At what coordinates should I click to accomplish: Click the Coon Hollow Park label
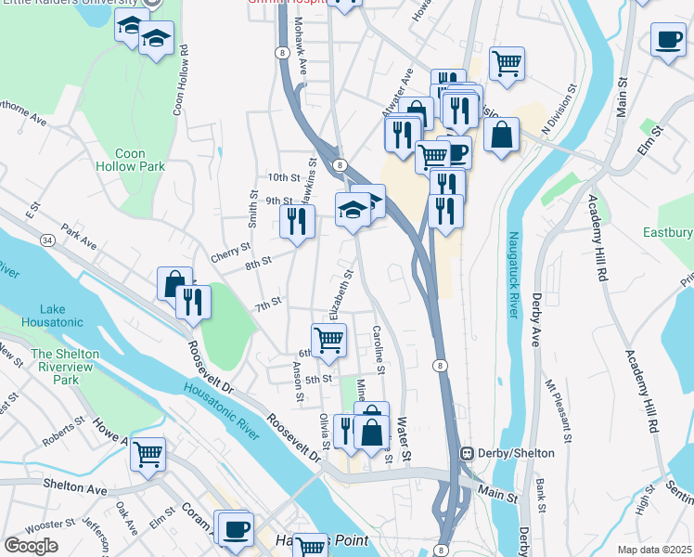coord(130,160)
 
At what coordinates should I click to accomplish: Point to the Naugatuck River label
coord(512,275)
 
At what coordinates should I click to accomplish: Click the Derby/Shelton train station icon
coord(469,453)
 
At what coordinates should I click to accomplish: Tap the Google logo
coord(31,546)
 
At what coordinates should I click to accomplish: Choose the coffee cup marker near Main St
coord(668,40)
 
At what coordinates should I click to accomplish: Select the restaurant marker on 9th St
coord(297,221)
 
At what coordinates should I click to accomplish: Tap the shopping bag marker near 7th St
coord(173,283)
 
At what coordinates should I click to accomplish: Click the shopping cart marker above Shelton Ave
coord(148,454)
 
